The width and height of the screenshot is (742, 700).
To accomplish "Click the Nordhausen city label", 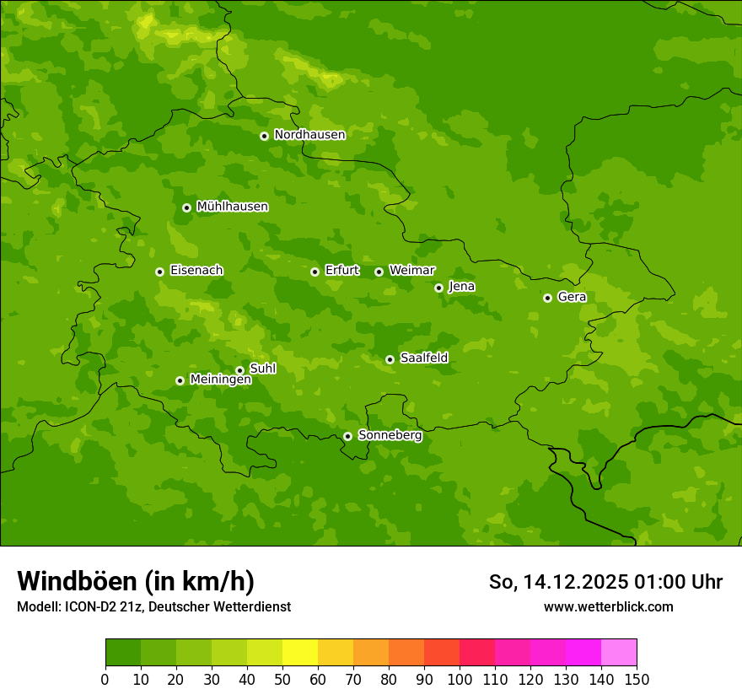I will (309, 135).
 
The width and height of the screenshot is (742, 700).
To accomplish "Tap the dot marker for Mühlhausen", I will (186, 207).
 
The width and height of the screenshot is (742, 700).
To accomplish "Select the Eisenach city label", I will (196, 271).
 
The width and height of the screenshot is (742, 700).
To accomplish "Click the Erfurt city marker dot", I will (315, 272).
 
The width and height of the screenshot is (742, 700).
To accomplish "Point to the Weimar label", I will (411, 271).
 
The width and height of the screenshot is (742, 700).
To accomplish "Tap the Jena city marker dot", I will (438, 288).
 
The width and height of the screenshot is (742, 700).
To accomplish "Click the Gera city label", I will (572, 297).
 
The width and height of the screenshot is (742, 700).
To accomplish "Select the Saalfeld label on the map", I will (423, 358).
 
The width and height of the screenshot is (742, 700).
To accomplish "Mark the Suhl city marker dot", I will (239, 370).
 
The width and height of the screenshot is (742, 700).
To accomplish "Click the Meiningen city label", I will (220, 380).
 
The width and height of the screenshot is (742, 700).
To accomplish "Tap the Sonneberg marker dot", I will (347, 436).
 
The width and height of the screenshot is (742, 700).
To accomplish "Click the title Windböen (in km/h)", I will (136, 581).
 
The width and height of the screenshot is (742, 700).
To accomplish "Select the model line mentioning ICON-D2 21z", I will (153, 607).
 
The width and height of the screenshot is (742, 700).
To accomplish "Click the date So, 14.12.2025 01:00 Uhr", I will (605, 582).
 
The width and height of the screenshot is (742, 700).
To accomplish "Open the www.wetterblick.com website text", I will (608, 607).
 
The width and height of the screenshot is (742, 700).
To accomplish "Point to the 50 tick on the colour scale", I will (282, 679).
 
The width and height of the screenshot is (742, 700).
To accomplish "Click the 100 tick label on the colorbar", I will (460, 679).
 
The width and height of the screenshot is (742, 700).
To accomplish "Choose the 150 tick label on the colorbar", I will (637, 679).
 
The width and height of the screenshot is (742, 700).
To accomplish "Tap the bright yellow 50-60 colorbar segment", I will (300, 653).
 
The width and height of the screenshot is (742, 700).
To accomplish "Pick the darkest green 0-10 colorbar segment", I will (123, 653).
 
